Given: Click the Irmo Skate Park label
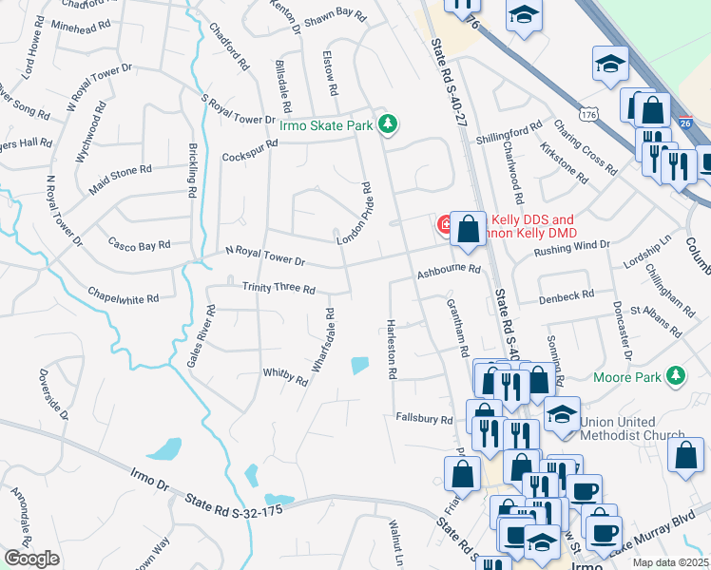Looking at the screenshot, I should click(327, 123).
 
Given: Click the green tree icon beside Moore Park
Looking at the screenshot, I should click(676, 376).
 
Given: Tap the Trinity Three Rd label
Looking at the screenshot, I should click(279, 288).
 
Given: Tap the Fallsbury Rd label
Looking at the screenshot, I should click(424, 418).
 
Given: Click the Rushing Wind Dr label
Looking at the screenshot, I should click(571, 245).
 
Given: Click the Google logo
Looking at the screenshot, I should click(31, 559).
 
